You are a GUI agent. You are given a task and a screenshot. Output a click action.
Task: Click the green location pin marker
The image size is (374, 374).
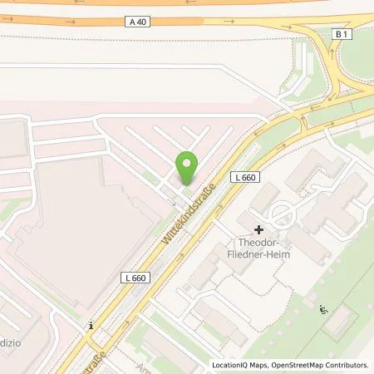(x=187, y=169)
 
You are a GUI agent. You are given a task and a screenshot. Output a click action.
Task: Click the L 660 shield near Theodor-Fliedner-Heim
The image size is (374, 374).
(x=245, y=179)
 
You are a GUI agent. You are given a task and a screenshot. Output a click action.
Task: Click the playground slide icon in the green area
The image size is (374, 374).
(x=323, y=310)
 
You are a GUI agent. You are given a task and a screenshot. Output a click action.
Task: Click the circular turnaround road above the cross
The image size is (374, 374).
(x=283, y=214)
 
